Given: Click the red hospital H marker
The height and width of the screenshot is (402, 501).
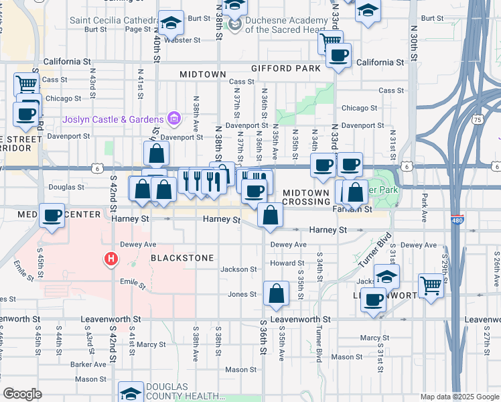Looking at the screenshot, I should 111,258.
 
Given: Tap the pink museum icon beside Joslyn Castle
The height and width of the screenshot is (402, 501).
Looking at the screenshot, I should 174,120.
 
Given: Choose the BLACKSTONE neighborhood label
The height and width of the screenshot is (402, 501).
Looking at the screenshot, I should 182,258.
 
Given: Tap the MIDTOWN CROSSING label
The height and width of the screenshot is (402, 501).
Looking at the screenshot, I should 306,197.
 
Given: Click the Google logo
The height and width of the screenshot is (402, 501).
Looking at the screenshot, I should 22,394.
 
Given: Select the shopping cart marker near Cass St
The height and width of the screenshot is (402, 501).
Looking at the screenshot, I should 27,85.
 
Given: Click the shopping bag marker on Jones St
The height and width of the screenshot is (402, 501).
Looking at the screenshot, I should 276,293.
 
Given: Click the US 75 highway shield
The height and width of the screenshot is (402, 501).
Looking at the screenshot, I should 477,119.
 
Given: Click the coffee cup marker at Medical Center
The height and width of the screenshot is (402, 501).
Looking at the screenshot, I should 52,216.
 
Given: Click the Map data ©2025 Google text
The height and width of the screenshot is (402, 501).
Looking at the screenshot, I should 459,397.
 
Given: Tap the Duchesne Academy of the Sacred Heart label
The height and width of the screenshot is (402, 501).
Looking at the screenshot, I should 287,25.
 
